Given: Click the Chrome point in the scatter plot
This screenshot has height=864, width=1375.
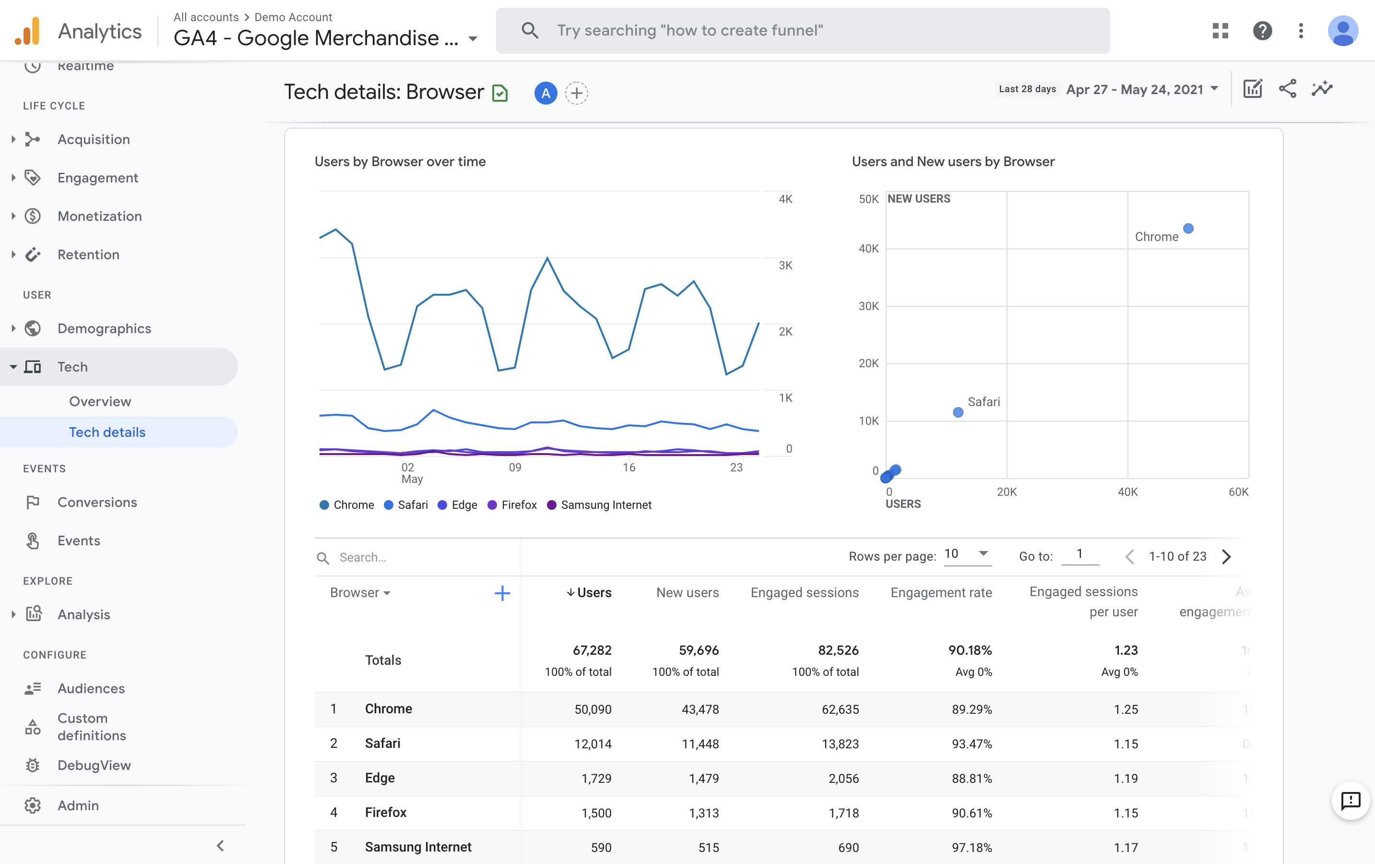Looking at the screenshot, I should pyautogui.click(x=1188, y=228).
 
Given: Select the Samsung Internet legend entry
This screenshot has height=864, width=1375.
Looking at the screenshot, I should pyautogui.click(x=605, y=504).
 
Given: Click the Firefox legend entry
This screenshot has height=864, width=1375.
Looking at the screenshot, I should pyautogui.click(x=518, y=504).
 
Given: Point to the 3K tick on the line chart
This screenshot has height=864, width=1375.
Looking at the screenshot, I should pyautogui.click(x=785, y=265).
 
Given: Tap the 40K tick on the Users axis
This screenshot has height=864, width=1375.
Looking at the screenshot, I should pyautogui.click(x=1127, y=492).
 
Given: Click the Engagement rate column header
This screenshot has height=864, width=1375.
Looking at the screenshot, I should pyautogui.click(x=940, y=593).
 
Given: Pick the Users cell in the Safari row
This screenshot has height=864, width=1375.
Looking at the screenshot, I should pyautogui.click(x=593, y=744).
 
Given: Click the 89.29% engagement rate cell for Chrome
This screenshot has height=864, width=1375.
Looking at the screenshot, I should pyautogui.click(x=972, y=709).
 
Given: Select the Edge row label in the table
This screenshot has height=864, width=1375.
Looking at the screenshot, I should pyautogui.click(x=379, y=778).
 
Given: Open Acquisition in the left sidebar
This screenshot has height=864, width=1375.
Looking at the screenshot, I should pyautogui.click(x=94, y=139).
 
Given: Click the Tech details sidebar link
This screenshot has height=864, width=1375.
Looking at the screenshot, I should pyautogui.click(x=107, y=432).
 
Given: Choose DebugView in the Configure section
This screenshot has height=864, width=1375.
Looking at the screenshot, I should pyautogui.click(x=94, y=765).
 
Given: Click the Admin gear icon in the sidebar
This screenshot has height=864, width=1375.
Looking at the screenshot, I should pyautogui.click(x=33, y=805).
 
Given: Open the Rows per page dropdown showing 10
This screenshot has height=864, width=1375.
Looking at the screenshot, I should pyautogui.click(x=967, y=554).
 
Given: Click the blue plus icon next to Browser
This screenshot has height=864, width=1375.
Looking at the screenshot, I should pyautogui.click(x=502, y=593).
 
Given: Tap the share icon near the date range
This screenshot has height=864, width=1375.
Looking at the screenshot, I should pyautogui.click(x=1287, y=89).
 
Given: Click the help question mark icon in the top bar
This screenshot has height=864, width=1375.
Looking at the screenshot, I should pyautogui.click(x=1262, y=30).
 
